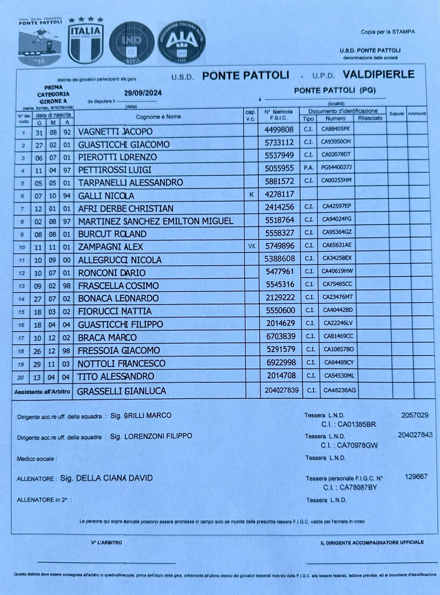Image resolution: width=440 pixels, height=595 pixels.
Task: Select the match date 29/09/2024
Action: click(x=143, y=93)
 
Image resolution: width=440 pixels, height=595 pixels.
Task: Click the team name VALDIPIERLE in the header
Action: click(x=378, y=74)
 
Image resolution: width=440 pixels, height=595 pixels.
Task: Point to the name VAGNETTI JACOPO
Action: click(x=115, y=132)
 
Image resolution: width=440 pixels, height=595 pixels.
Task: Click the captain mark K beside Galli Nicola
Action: click(x=251, y=195)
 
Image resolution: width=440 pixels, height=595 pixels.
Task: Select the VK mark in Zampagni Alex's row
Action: click(x=252, y=246)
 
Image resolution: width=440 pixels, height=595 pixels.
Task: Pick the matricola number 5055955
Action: click(x=279, y=168)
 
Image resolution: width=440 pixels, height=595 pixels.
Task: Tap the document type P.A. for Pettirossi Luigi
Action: click(x=308, y=168)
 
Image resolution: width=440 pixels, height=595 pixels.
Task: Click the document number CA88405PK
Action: click(x=336, y=129)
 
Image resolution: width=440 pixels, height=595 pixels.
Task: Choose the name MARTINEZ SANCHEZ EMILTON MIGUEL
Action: click(x=156, y=221)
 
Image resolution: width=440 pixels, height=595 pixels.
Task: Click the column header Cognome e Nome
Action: click(x=158, y=117)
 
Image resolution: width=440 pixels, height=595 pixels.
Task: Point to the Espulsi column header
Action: click(x=396, y=114)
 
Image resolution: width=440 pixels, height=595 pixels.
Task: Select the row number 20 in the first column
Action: click(x=21, y=377)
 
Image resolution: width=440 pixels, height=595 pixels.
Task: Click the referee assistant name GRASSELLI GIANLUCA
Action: click(x=121, y=391)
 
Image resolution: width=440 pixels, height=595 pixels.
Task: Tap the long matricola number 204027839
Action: click(x=282, y=390)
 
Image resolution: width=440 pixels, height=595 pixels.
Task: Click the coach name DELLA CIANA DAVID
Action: click(x=114, y=478)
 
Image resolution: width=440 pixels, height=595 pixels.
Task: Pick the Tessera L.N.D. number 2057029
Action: click(x=414, y=415)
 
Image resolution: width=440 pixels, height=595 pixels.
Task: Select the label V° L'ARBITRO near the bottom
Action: click(x=106, y=542)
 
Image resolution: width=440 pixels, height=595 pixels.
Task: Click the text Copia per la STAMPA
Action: click(x=388, y=32)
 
